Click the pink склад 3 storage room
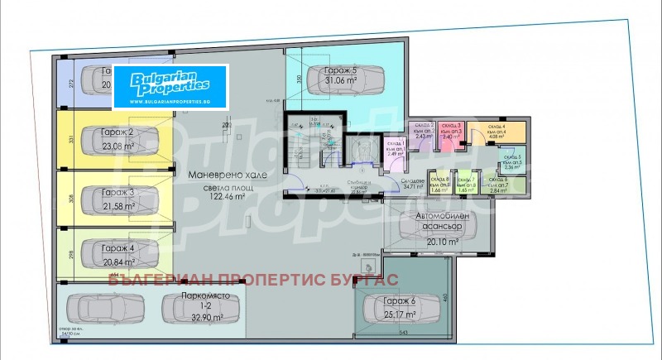click(451, 135)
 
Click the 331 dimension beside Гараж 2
click(72, 142)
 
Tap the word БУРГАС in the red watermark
click(366, 281)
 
